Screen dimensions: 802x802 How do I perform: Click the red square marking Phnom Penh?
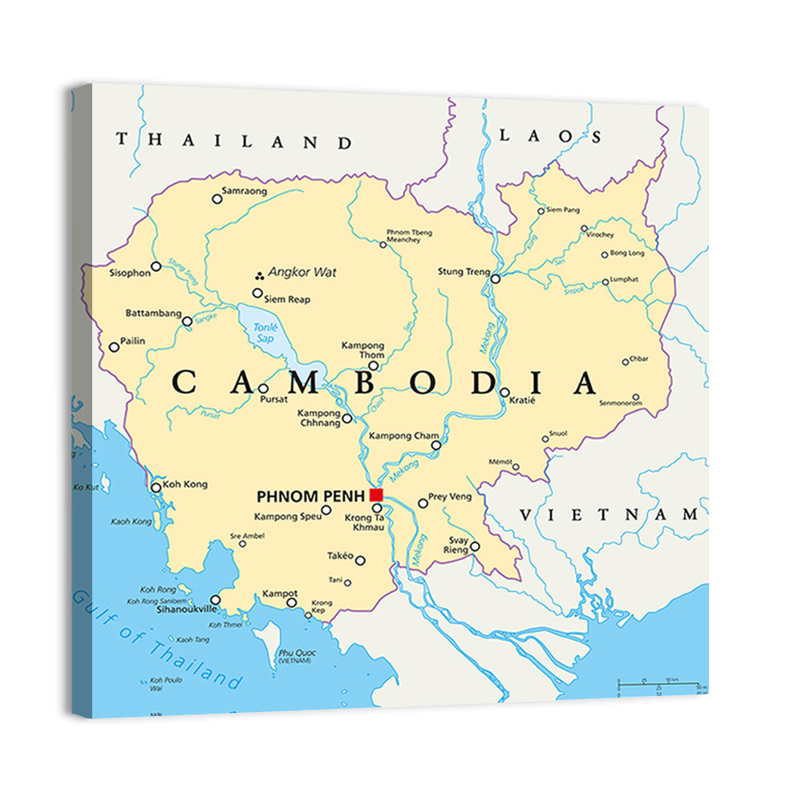(376, 494)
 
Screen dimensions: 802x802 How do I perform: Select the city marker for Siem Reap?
(258, 294)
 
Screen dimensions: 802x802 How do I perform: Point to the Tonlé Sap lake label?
(264, 333)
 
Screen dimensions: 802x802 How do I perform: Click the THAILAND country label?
(233, 141)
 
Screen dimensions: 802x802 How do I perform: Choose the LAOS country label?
(549, 136)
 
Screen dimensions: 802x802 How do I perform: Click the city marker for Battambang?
(187, 322)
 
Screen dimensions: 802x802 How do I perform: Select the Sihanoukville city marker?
(215, 600)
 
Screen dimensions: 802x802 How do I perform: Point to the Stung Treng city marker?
(496, 279)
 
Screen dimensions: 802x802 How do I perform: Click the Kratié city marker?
(504, 392)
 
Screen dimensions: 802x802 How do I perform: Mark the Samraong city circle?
(217, 199)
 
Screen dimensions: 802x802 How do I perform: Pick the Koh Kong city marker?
(156, 487)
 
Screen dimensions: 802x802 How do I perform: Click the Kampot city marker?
(292, 602)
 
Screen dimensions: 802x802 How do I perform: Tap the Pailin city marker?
(114, 347)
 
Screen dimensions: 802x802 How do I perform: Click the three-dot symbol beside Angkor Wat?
(259, 273)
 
